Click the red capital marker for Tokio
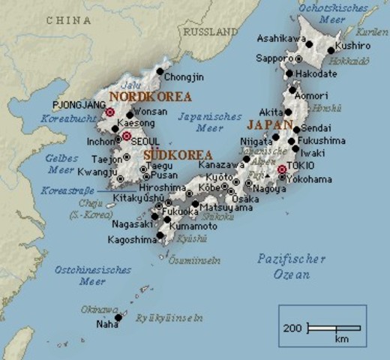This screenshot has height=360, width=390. (282, 169)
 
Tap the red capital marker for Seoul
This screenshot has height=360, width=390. (127, 136)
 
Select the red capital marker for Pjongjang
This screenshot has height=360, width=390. (110, 112)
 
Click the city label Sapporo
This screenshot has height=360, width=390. (274, 58)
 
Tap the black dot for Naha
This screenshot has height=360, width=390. (118, 317)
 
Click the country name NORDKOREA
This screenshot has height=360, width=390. (150, 97)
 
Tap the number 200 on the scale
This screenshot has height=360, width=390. (293, 328)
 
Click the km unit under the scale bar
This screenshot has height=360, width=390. (342, 340)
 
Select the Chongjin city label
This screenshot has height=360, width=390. (184, 76)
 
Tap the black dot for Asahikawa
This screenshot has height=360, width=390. (308, 44)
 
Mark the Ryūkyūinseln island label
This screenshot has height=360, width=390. (169, 317)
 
